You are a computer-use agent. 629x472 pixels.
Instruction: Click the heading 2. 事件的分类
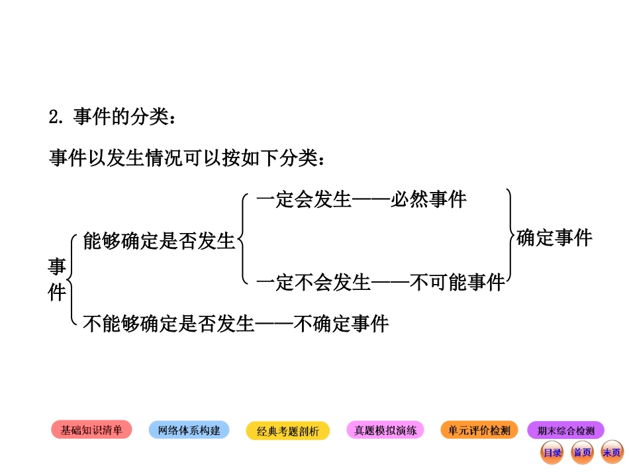click(113, 117)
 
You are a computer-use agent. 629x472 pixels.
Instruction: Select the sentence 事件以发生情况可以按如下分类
click(187, 158)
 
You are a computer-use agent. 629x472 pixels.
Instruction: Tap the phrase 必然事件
click(428, 199)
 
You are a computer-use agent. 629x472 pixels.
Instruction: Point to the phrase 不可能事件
click(458, 283)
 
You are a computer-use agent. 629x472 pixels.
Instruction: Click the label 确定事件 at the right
click(554, 238)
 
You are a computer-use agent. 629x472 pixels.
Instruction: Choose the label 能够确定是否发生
click(159, 241)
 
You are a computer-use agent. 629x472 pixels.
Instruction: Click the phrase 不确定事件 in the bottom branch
click(341, 324)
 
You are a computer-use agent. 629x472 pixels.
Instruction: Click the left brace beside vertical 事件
click(73, 279)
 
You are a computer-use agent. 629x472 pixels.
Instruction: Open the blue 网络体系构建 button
click(189, 430)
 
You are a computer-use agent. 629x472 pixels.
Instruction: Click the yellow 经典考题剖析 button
click(288, 431)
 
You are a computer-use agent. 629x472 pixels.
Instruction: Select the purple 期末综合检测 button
click(566, 430)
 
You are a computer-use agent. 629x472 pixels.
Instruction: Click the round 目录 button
click(552, 453)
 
